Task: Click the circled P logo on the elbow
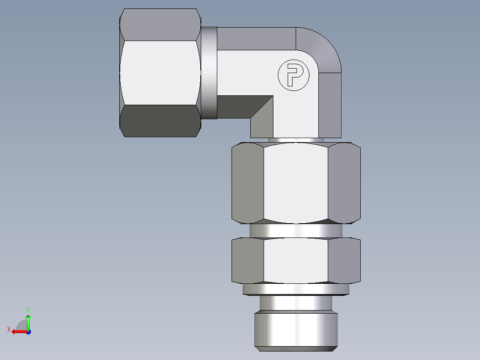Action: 293,75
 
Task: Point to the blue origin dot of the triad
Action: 28,332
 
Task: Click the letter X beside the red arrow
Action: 8,329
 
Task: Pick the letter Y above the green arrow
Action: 28,309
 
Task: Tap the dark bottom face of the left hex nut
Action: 159,121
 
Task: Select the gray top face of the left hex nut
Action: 159,25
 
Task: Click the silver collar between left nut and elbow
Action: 209,73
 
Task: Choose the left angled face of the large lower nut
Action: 248,183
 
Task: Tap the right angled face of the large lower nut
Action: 344,183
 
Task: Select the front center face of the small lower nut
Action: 296,261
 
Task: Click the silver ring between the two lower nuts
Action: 296,230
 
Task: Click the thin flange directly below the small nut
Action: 296,289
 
